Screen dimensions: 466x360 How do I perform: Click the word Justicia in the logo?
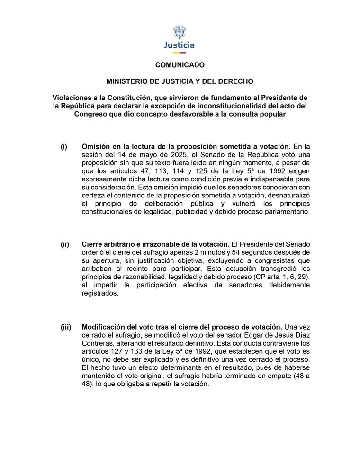(180, 45)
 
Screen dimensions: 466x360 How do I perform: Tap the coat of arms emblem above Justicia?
(180, 33)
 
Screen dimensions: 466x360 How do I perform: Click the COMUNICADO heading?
(180, 65)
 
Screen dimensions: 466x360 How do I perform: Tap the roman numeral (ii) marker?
(65, 244)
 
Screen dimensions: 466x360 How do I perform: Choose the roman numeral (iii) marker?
(66, 327)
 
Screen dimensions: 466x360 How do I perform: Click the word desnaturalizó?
(289, 196)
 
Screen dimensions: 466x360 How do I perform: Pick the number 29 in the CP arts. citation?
(303, 277)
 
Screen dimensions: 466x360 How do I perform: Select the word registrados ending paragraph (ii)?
(100, 294)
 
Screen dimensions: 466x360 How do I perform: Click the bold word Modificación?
(103, 327)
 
